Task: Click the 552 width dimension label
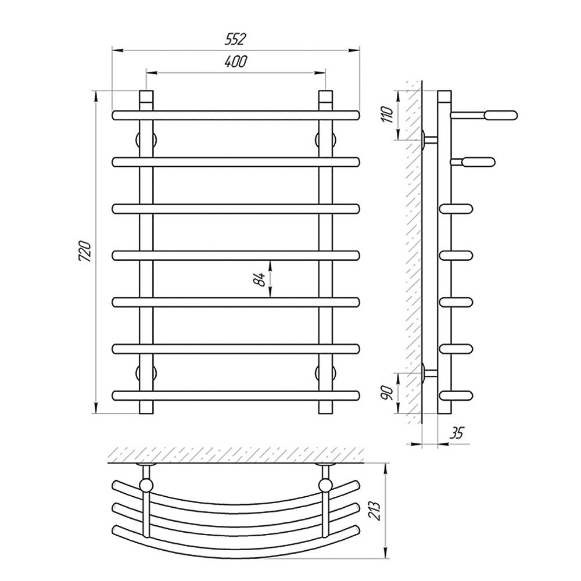[236, 39]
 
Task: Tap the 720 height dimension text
[85, 252]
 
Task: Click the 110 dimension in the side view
[386, 114]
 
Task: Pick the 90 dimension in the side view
[386, 392]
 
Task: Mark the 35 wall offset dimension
[457, 433]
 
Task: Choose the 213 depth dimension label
[376, 511]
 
